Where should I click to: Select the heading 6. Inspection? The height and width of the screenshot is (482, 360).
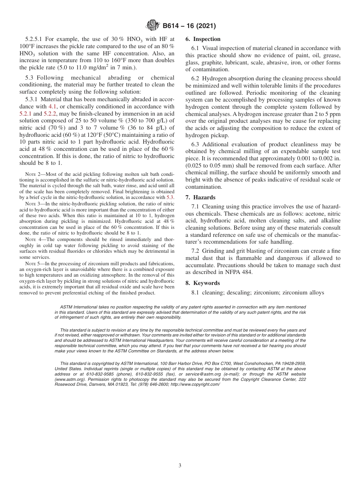pyautogui.click(x=203, y=39)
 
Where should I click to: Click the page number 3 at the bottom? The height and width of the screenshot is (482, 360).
pyautogui.click(x=180, y=466)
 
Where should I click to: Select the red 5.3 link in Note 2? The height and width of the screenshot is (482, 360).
pyautogui.click(x=170, y=197)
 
